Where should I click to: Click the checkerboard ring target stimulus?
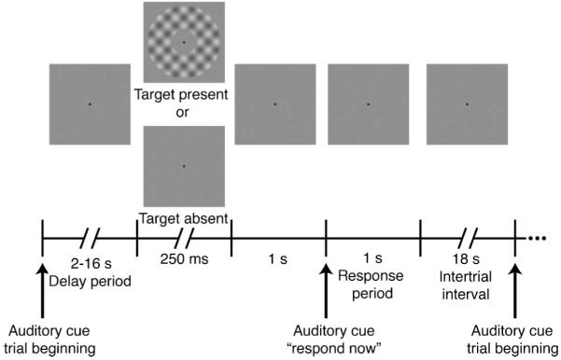pyautogui.click(x=184, y=43)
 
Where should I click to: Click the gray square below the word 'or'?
pyautogui.click(x=184, y=167)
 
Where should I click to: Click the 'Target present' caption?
pyautogui.click(x=184, y=96)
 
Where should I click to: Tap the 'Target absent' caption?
pyautogui.click(x=184, y=220)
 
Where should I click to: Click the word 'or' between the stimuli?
pyautogui.click(x=184, y=112)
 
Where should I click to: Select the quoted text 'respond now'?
pyautogui.click(x=325, y=351)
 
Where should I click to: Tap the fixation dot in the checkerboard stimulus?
pyautogui.click(x=184, y=43)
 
